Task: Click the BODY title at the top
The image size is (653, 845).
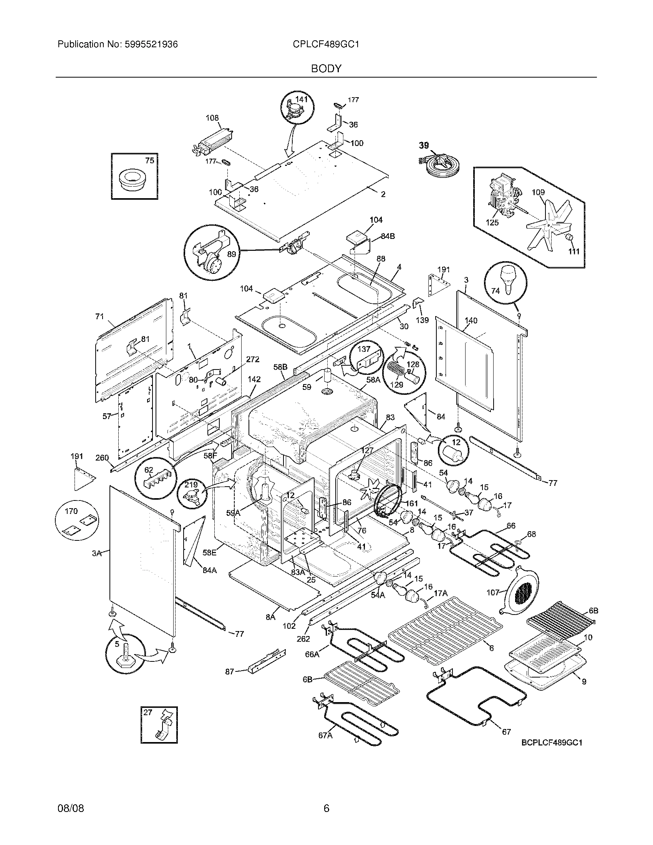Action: pos(326,69)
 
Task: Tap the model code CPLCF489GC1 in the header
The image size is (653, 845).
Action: pos(326,45)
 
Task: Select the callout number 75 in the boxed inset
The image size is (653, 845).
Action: pos(149,161)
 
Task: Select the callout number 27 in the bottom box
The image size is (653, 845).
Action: pos(148,712)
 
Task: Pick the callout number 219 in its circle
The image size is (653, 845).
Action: pos(191,485)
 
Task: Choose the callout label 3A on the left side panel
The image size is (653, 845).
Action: pos(96,553)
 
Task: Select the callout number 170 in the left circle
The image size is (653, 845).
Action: pos(71,511)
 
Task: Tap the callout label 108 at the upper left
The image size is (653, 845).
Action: pos(212,118)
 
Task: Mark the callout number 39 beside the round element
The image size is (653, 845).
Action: pos(424,146)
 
